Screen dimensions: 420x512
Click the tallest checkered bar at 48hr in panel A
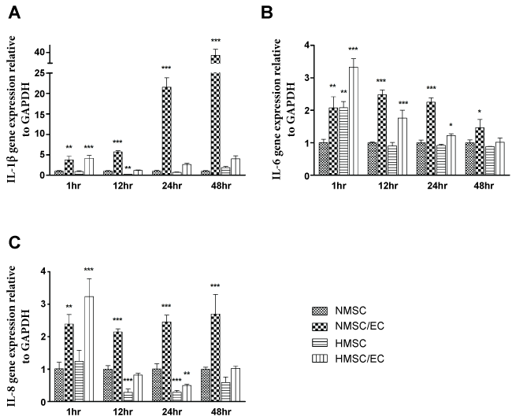(x=215, y=118)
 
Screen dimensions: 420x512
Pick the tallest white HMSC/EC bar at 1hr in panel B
(x=353, y=122)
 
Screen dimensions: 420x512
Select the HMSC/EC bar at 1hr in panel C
(x=91, y=343)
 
